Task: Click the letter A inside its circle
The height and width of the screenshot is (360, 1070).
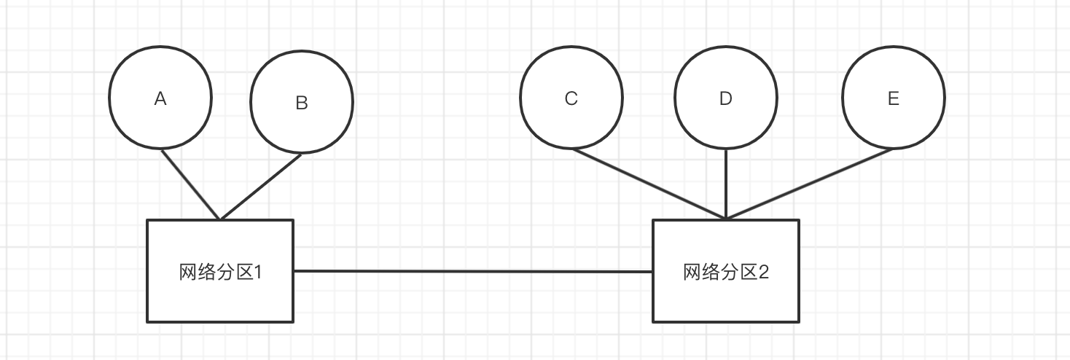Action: (x=160, y=99)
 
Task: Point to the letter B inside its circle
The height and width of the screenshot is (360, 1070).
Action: (x=302, y=103)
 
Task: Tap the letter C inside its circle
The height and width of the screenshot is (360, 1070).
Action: (x=571, y=98)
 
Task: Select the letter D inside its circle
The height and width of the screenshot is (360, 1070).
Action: (x=725, y=98)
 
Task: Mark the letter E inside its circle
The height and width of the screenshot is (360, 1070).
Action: (x=894, y=98)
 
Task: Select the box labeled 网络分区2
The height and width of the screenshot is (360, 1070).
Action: (x=725, y=299)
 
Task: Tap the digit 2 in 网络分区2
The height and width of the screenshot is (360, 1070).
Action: (x=763, y=273)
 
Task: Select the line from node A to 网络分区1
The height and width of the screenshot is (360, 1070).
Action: (x=190, y=184)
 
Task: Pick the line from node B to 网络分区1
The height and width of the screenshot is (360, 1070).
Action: (x=261, y=187)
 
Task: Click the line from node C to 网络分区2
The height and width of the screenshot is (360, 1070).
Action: (x=649, y=183)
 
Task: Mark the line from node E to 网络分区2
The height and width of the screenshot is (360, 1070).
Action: (x=809, y=183)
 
